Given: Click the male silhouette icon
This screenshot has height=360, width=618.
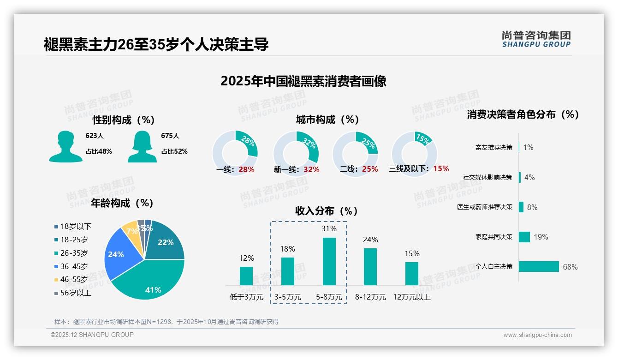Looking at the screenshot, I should pyautogui.click(x=65, y=146).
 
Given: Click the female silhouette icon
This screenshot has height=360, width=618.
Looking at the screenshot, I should pyautogui.click(x=142, y=146).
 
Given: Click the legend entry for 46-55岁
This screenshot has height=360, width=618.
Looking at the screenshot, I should pyautogui.click(x=73, y=280).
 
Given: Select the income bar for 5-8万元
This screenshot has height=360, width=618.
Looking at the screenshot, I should pyautogui.click(x=329, y=261).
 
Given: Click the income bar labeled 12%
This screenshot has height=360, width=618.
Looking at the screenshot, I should pyautogui.click(x=246, y=276).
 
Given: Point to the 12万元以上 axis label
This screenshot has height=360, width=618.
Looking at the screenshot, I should pyautogui.click(x=411, y=297).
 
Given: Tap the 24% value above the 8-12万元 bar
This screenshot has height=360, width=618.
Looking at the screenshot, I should pyautogui.click(x=370, y=240).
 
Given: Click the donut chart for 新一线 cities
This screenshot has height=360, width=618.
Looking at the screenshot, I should pyautogui.click(x=296, y=154).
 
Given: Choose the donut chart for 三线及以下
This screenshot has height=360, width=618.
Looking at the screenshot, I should pyautogui.click(x=414, y=154).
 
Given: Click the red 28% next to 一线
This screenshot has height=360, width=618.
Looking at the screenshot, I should pyautogui.click(x=246, y=169).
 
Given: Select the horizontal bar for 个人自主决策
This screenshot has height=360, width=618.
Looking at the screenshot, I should pyautogui.click(x=539, y=266).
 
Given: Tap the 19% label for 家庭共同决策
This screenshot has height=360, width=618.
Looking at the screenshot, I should pyautogui.click(x=541, y=237).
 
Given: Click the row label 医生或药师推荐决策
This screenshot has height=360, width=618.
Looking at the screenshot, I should pyautogui.click(x=485, y=207).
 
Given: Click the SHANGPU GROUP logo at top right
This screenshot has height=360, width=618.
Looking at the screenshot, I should pyautogui.click(x=536, y=39).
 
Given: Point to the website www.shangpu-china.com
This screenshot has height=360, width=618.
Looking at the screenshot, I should pyautogui.click(x=537, y=335).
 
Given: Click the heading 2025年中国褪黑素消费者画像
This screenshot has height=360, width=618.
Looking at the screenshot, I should pyautogui.click(x=303, y=81).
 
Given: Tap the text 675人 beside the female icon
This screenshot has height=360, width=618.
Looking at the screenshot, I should pyautogui.click(x=170, y=136).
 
